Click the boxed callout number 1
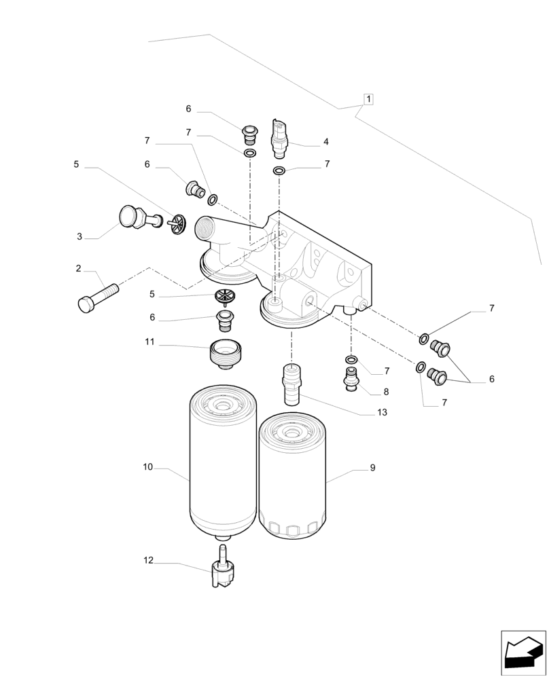pyautogui.click(x=368, y=99)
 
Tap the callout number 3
pyautogui.click(x=79, y=237)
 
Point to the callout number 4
pyautogui.click(x=326, y=142)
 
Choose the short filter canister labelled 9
pyautogui.click(x=292, y=475)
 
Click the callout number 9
pyautogui.click(x=372, y=468)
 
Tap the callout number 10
pyautogui.click(x=148, y=467)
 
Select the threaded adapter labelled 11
pyautogui.click(x=224, y=353)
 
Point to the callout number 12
pyautogui.click(x=149, y=560)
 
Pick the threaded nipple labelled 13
pyautogui.click(x=292, y=384)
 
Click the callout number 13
pyautogui.click(x=382, y=412)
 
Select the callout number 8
pyautogui.click(x=386, y=392)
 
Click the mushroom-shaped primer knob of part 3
pyautogui.click(x=128, y=217)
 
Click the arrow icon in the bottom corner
pyautogui.click(x=523, y=653)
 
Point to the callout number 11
pyautogui.click(x=149, y=343)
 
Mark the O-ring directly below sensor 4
pyautogui.click(x=279, y=169)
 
